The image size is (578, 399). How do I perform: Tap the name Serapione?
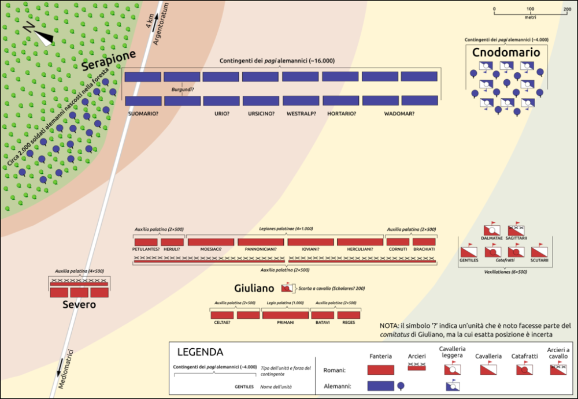point(108,61)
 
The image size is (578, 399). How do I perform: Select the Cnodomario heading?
point(506,53)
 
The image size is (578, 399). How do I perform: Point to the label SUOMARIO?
point(143,114)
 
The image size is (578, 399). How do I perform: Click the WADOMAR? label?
point(399,114)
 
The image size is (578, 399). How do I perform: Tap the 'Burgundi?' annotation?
point(182,90)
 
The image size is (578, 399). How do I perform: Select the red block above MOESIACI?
point(210,242)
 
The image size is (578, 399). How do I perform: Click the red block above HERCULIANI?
point(360,242)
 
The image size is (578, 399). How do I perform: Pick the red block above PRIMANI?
point(285,315)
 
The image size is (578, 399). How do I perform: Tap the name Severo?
point(79,304)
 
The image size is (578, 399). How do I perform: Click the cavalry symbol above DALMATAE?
point(490,230)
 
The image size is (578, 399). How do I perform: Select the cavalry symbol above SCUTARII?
point(538,251)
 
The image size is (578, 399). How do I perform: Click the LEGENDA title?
point(199,352)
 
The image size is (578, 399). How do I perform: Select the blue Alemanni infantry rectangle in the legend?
point(380,386)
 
